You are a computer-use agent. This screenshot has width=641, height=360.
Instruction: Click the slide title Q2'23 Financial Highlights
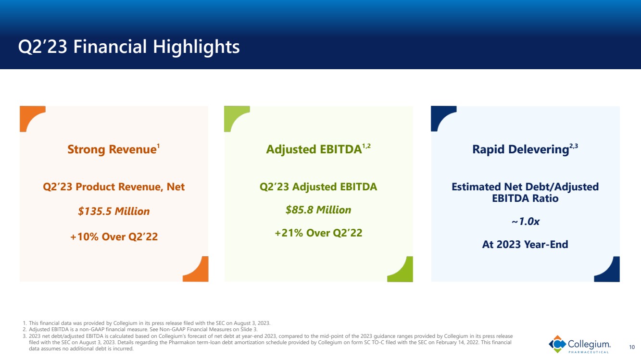click(x=129, y=47)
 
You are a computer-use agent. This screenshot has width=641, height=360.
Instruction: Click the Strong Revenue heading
click(x=113, y=149)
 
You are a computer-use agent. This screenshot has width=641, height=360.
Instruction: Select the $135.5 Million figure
click(x=114, y=211)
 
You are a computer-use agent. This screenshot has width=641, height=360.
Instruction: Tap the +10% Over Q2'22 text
click(x=114, y=237)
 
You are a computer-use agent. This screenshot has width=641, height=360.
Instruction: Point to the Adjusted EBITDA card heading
click(x=318, y=149)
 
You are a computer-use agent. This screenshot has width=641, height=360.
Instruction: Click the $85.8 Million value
click(x=318, y=210)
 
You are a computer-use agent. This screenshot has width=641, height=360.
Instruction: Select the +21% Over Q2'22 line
click(x=318, y=233)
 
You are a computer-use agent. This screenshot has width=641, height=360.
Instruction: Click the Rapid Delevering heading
click(x=525, y=149)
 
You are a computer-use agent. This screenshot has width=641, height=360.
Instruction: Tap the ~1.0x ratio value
click(x=526, y=221)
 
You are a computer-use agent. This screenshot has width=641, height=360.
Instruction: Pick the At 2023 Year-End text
click(x=525, y=245)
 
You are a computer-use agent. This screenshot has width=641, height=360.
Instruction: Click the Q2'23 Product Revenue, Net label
click(x=113, y=186)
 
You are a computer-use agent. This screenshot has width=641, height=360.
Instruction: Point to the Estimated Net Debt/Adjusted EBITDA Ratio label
click(x=525, y=192)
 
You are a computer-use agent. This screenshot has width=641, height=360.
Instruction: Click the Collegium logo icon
click(x=557, y=344)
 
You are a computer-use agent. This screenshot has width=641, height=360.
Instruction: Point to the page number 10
click(x=632, y=347)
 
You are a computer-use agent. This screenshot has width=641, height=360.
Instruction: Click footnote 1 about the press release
click(x=147, y=323)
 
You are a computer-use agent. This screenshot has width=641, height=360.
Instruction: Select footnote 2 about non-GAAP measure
click(x=140, y=329)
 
